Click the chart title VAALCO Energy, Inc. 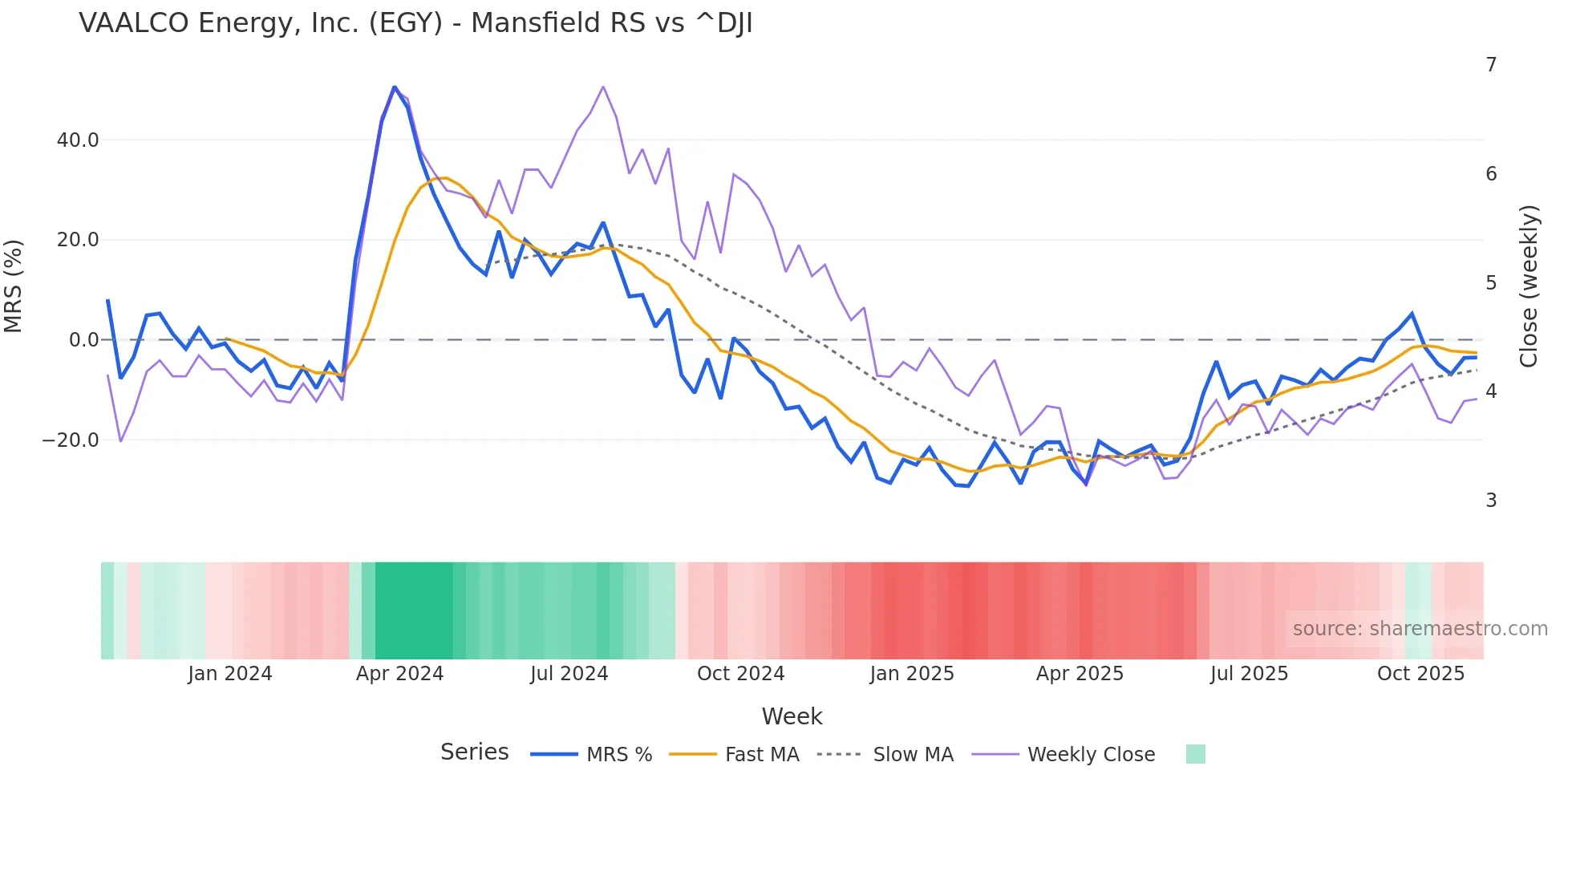tap(415, 23)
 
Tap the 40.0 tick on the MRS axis tap(78, 140)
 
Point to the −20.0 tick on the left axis tap(71, 440)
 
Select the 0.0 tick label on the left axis tap(83, 340)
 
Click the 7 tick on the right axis tap(1491, 65)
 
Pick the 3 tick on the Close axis tap(1491, 501)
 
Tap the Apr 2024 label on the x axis tap(399, 674)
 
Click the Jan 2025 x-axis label tap(912, 674)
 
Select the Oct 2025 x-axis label tap(1420, 674)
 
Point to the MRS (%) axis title tap(14, 286)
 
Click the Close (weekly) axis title tap(1529, 286)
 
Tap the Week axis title tap(792, 716)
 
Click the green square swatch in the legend tap(1195, 754)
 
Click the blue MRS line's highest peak tap(394, 87)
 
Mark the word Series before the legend tap(474, 752)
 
